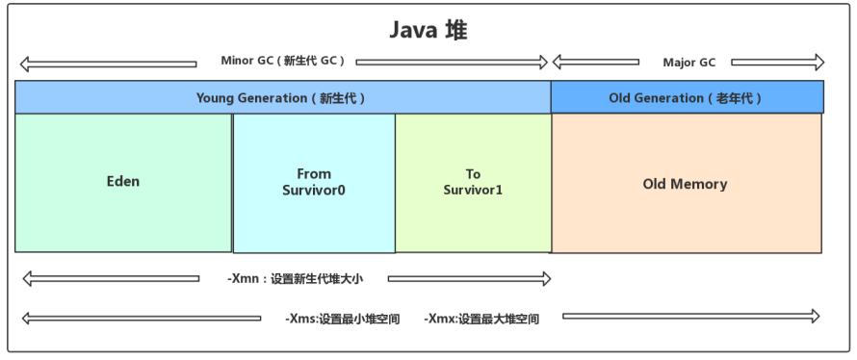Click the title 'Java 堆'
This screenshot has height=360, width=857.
(x=428, y=31)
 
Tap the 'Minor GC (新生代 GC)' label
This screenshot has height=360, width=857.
(x=282, y=61)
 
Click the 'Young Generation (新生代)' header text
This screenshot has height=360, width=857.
(x=280, y=98)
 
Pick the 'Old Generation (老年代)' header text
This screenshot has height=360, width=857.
(x=686, y=98)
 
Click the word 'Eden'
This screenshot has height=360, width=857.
(x=123, y=181)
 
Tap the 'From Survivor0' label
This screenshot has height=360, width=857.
(x=314, y=182)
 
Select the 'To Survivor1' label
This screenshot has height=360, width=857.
(x=473, y=182)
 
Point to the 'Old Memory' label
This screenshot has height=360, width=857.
(x=685, y=184)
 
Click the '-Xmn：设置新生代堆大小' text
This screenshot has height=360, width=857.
(x=296, y=279)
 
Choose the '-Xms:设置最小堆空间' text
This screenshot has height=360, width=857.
(x=342, y=319)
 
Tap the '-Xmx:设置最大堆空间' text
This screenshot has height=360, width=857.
(x=481, y=319)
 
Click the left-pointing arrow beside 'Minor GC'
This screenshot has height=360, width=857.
(x=108, y=64)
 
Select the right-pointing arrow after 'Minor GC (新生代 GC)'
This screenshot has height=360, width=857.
(x=452, y=63)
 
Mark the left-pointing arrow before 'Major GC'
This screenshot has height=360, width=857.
(x=596, y=62)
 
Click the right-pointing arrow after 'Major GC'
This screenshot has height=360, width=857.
(x=778, y=63)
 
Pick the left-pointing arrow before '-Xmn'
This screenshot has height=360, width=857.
(x=111, y=278)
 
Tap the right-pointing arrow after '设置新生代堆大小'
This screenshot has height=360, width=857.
(x=470, y=279)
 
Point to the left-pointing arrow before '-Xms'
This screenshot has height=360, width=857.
(x=142, y=318)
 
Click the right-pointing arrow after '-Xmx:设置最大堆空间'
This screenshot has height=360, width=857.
(x=691, y=316)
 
